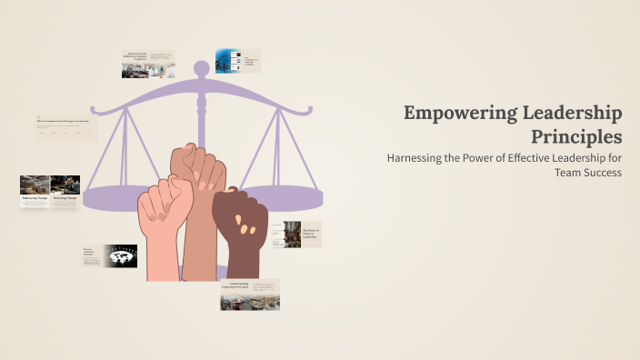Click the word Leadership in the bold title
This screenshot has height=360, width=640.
point(576,114)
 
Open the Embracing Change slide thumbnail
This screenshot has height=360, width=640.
point(35,192)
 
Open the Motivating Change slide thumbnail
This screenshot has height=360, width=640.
point(65,192)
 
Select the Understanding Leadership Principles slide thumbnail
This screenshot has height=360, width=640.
point(249,295)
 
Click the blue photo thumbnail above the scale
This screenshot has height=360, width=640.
point(226,61)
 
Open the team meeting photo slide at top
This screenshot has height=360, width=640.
point(148,65)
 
